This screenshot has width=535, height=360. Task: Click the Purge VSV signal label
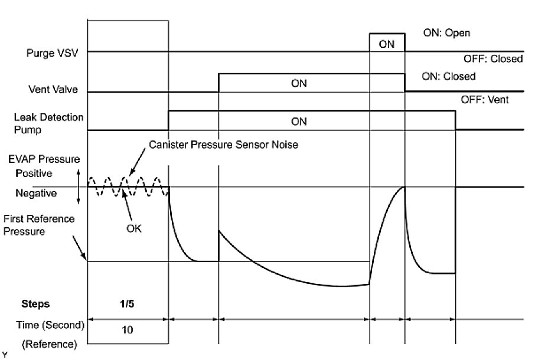(x=53, y=52)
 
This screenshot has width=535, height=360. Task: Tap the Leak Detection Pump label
(x=48, y=123)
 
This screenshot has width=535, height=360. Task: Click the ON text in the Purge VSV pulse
(x=387, y=44)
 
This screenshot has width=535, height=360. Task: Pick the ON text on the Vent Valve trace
(x=299, y=84)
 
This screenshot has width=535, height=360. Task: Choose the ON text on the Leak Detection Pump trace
(x=299, y=122)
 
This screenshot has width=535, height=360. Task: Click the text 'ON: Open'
(x=446, y=33)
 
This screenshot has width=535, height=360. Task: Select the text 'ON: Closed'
(x=449, y=77)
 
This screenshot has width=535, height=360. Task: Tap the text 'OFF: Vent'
(x=485, y=100)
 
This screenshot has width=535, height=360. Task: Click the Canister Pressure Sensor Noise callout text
(x=223, y=145)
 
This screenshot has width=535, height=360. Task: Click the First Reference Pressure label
(x=39, y=225)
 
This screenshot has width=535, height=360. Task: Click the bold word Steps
(x=35, y=304)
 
